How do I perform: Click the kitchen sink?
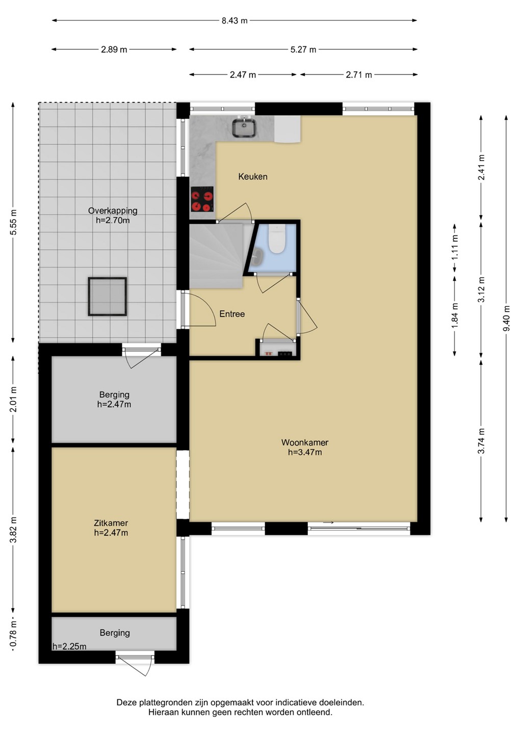[244, 128]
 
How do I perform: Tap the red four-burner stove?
[202, 199]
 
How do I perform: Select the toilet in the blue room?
[277, 239]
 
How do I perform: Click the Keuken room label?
[253, 176]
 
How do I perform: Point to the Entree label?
[232, 314]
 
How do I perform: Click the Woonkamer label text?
[305, 442]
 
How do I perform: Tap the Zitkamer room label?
[111, 523]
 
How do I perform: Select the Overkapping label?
[113, 211]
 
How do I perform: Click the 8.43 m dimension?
[235, 20]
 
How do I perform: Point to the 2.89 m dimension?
[114, 50]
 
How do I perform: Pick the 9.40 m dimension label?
[507, 318]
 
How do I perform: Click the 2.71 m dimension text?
[359, 75]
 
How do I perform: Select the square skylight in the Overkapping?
[107, 297]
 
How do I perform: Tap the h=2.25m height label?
[69, 646]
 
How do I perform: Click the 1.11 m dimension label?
[455, 248]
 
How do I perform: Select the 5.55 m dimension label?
[13, 222]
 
